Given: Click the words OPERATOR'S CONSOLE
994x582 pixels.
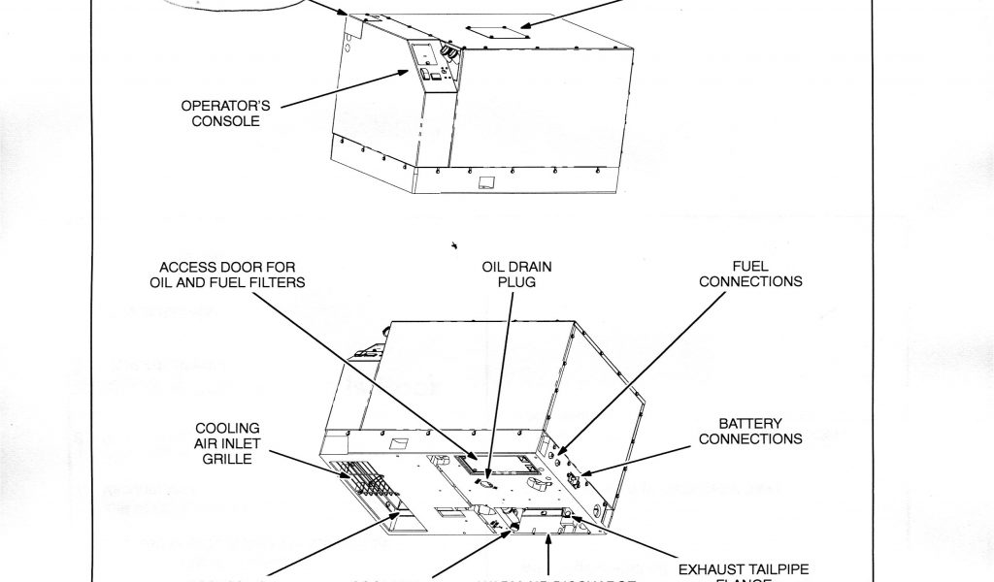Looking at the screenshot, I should point(220,113).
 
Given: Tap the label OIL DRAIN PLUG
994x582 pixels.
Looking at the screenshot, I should point(509,275).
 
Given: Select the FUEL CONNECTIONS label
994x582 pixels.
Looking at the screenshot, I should point(750,275).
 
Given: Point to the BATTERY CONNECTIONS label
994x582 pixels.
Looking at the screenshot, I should point(750,432).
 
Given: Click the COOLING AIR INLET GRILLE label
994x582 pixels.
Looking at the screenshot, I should point(226,442).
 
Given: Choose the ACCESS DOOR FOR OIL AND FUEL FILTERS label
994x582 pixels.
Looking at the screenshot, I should point(221,275).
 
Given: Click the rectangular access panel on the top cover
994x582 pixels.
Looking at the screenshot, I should point(495,31).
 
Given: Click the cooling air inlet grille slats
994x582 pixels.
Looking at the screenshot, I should point(360,481).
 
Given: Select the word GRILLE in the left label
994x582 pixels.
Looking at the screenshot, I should point(226,458).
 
